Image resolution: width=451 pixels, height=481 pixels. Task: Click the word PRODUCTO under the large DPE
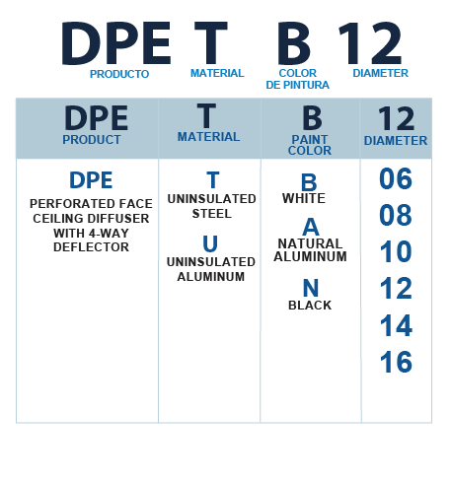coord(119,74)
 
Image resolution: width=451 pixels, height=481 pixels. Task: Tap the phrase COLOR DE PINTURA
coord(297,79)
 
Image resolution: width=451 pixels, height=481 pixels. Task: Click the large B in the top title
coord(294,43)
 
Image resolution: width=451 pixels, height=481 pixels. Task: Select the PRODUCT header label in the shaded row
coord(92,140)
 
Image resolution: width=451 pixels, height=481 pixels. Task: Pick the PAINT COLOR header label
coord(310,145)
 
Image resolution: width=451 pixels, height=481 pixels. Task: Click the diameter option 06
coord(396,178)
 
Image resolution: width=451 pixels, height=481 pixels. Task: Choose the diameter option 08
coord(396,215)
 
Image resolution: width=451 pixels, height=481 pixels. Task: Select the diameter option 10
coord(396,251)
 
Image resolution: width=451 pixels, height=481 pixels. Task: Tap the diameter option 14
coord(396,325)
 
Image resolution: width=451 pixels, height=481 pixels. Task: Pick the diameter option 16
coord(396,362)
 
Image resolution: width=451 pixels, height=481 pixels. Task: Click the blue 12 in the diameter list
coord(396,288)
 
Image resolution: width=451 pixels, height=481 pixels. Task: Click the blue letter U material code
coord(210,243)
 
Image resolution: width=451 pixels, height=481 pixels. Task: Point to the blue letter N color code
coord(311,288)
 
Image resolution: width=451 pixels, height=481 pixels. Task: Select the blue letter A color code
coord(311,227)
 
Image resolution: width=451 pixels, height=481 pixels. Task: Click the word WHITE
coord(304,198)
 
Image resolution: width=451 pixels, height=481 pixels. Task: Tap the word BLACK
coord(310,306)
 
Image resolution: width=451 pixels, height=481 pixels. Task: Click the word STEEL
coord(212,214)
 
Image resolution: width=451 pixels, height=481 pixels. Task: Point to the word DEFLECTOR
coord(91,247)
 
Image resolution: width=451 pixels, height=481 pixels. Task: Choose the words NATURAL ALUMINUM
coord(310,250)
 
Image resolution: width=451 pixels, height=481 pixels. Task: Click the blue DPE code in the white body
coord(91,180)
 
